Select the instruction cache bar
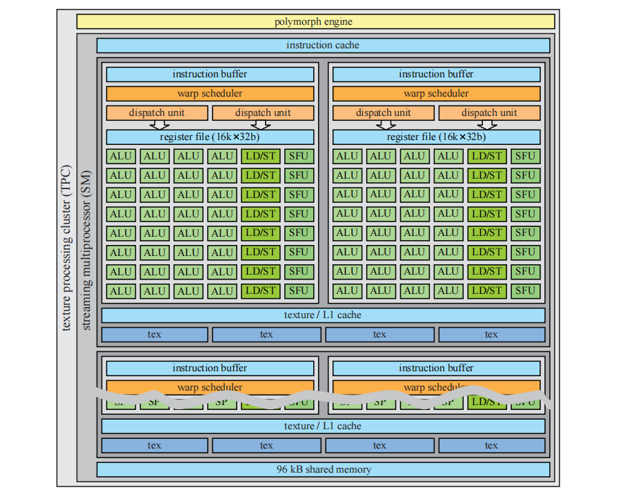coord(323,46)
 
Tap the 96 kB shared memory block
coord(323,469)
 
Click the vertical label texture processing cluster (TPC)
coord(66,248)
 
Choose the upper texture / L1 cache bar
coord(323,315)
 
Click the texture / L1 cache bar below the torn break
coord(323,426)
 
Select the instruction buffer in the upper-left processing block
coord(210,74)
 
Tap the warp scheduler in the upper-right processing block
coord(436,93)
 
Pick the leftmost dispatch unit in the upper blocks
coord(157,112)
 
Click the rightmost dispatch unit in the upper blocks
coord(489,112)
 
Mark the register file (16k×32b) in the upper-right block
coord(436,137)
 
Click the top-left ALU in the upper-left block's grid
coord(121,156)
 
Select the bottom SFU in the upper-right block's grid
coord(525,291)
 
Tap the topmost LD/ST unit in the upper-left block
coord(261,156)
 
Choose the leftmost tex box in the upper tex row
coord(155,335)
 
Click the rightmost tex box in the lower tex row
coord(491,445)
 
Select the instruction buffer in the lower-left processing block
coord(210,368)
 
